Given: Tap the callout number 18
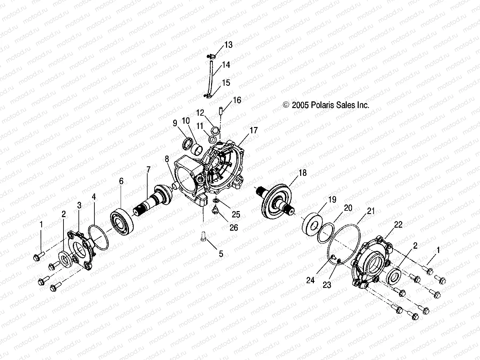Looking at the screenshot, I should (302, 173).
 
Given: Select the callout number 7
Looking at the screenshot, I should (148, 170).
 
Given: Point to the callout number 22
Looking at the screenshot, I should (398, 225).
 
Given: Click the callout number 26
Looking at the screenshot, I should (234, 227).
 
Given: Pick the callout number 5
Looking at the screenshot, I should (221, 254).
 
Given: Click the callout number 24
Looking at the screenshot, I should (310, 280).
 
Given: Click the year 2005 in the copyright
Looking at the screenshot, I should (300, 105).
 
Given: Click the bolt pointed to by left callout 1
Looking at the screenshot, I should (37, 257).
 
